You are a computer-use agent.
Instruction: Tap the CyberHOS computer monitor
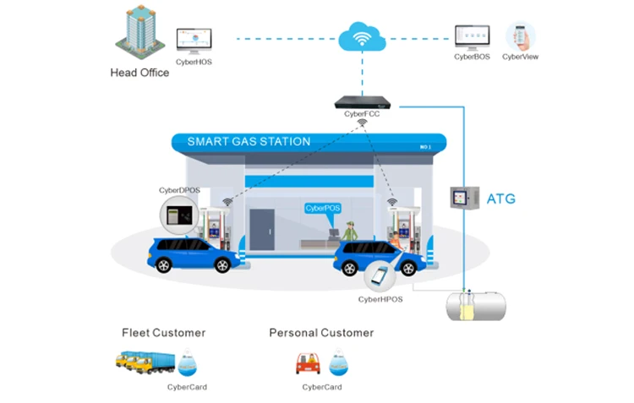pyautogui.click(x=194, y=39)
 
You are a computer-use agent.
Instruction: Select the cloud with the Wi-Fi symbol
pyautogui.click(x=362, y=37)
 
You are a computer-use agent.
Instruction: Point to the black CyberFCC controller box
pyautogui.click(x=363, y=103)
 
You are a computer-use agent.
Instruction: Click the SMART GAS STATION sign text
pyautogui.click(x=249, y=142)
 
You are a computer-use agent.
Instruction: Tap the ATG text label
pyautogui.click(x=500, y=199)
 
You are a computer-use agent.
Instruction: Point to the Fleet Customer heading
pyautogui.click(x=163, y=333)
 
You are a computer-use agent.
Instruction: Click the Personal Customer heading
pyautogui.click(x=320, y=333)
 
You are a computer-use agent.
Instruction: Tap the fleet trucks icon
pyautogui.click(x=145, y=362)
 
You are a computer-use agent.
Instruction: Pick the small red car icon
pyautogui.click(x=308, y=363)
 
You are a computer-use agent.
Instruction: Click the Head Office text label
pyautogui.click(x=139, y=73)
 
